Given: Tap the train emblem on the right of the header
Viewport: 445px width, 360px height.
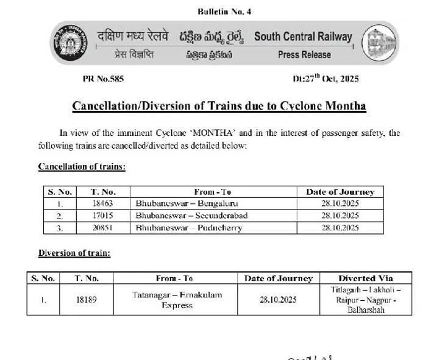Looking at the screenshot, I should tap(381, 45).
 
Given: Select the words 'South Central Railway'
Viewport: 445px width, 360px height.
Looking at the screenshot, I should tap(303, 37).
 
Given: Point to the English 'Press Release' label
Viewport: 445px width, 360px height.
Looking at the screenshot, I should tap(304, 55).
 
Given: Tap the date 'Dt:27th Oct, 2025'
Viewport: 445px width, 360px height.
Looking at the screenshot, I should tap(326, 79).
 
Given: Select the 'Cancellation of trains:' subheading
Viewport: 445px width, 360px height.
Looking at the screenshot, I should tap(82, 166).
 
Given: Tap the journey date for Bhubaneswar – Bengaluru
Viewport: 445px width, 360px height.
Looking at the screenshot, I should tap(340, 203).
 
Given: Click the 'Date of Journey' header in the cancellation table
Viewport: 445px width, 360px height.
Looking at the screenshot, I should tap(340, 192).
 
